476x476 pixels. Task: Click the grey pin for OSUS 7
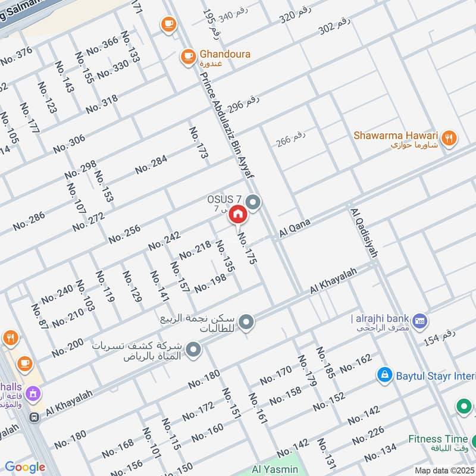tap(253, 203)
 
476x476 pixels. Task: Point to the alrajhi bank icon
tap(419, 320)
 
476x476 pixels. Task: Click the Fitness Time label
tap(437, 439)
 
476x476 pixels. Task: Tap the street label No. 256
tap(124, 234)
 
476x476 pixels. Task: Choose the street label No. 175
tap(247, 248)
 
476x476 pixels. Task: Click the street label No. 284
tap(151, 164)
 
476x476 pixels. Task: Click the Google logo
tap(25, 467)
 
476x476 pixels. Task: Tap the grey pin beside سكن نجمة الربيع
tap(246, 323)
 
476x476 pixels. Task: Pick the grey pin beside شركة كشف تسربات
tap(193, 350)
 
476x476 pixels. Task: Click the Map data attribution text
tap(444, 471)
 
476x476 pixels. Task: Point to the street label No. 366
tap(102, 46)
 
